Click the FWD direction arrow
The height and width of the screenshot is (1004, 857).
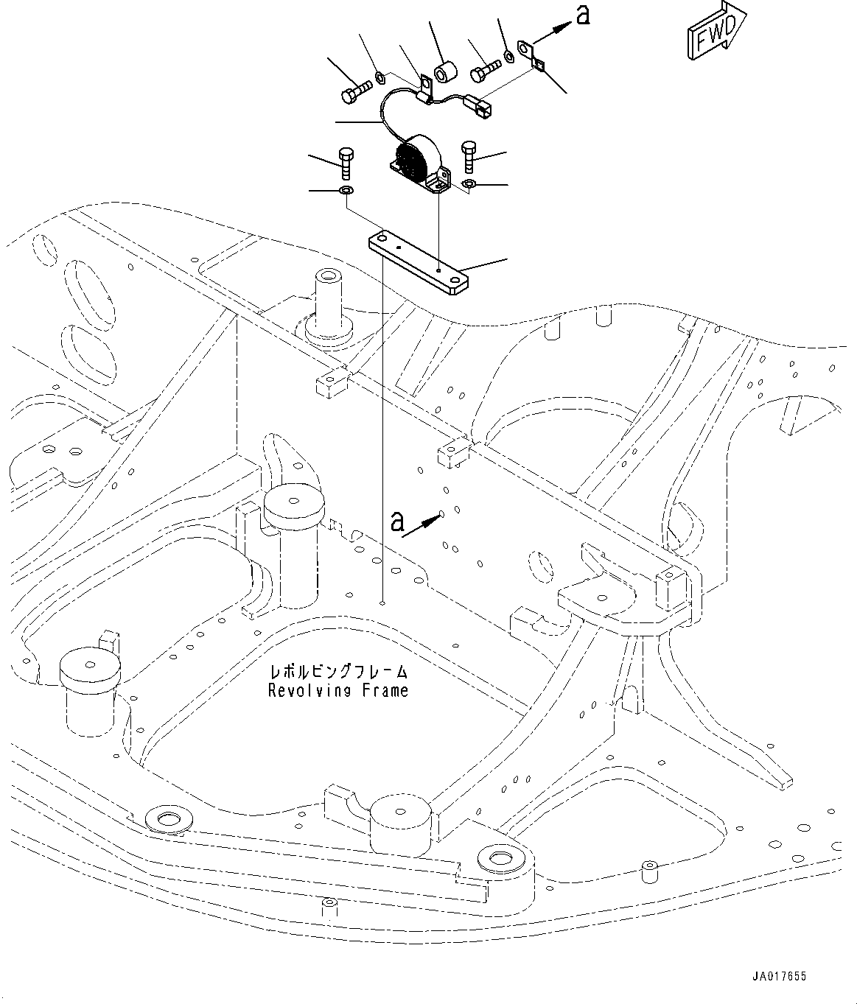713,34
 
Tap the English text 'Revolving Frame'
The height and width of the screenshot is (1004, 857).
337,691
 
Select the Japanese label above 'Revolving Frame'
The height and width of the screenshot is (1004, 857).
338,672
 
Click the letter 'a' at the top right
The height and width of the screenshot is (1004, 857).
582,16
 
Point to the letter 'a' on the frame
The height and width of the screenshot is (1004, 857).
397,522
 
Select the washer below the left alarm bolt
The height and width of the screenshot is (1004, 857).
345,192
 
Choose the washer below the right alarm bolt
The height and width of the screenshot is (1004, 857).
469,183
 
